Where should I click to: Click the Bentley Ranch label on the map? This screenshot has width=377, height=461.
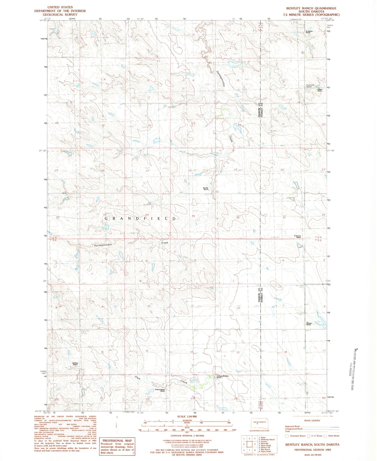[206, 188]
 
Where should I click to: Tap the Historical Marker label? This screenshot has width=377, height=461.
[310, 86]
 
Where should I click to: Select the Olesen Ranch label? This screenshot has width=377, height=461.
[320, 90]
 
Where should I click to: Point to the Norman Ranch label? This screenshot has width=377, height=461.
[309, 324]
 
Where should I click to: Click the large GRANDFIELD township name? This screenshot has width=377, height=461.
[140, 219]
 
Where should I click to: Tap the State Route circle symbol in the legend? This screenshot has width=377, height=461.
[325, 436]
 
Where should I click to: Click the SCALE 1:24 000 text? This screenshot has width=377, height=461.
[187, 417]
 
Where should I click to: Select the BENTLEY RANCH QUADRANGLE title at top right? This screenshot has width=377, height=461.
[311, 8]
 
